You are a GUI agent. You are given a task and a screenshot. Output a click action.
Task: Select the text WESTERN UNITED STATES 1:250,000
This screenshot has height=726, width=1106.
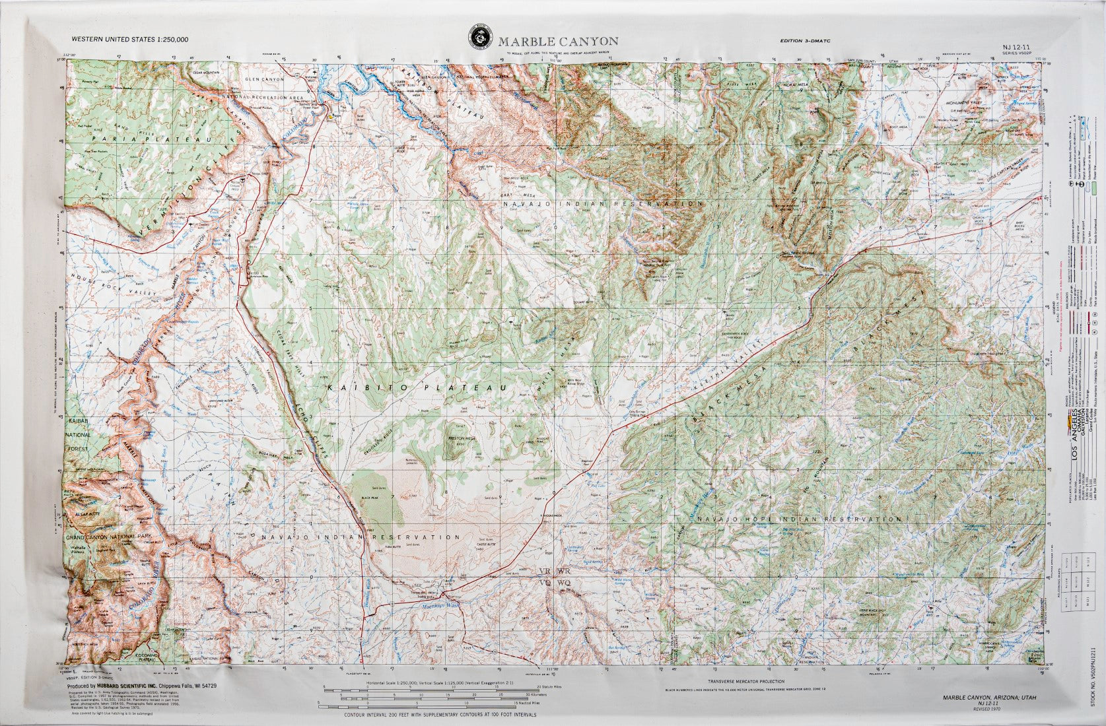click(130, 40)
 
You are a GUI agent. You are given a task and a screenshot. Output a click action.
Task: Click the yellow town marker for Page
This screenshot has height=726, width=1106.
click(331, 117)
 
